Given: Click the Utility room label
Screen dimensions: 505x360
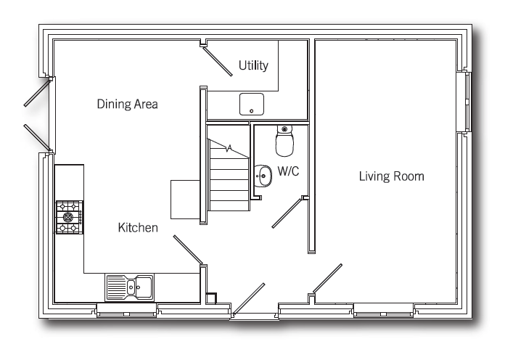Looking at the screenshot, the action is pos(253,65).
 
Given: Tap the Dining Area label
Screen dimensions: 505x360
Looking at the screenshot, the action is pos(127,104).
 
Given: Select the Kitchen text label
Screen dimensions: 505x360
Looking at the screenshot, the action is pos(138,227).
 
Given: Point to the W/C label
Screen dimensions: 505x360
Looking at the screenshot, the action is pos(288,171).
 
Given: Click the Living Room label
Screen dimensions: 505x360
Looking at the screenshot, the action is pos(391,176).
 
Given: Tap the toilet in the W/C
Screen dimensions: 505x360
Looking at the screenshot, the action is pos(284,141).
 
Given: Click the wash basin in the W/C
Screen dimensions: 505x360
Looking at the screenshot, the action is pos(263,176).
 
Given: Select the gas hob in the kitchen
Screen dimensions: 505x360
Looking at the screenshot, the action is pos(70,217).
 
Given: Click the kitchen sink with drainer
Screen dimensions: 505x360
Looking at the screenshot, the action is pos(129,287).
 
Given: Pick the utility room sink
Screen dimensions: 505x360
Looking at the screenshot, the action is pos(252,104).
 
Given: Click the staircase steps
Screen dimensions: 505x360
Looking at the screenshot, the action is pos(228,176).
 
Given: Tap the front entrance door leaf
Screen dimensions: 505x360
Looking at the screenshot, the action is pos(249,299).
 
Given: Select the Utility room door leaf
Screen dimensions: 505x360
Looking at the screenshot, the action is pos(218,61).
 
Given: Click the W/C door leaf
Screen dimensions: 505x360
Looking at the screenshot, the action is pos(287,213).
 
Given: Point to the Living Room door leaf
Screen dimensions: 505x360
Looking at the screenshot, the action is pos(327,278).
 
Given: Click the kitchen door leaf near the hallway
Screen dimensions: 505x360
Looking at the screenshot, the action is pos(188,250).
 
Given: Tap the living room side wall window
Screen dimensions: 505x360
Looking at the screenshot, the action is pos(467,102).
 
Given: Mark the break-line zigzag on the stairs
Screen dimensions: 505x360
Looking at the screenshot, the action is pos(229,148).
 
